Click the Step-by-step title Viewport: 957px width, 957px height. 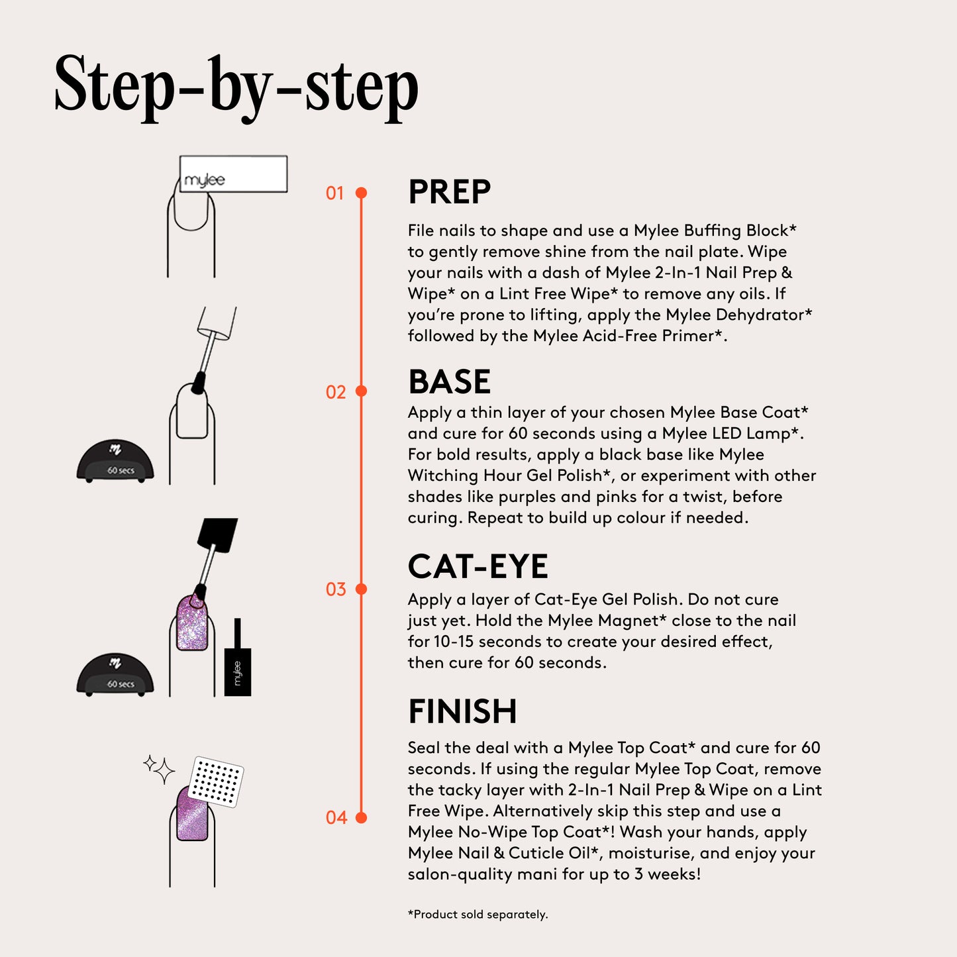(x=236, y=88)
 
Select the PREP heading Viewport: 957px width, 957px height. (x=450, y=191)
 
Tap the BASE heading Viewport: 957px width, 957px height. (x=450, y=381)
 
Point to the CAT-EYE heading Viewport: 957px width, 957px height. (x=478, y=566)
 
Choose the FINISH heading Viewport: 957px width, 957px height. (x=462, y=711)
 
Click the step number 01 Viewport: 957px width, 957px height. (x=334, y=193)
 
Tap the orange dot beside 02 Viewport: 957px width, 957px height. (x=362, y=391)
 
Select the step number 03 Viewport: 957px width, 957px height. (x=336, y=589)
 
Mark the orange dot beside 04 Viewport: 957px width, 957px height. (x=362, y=817)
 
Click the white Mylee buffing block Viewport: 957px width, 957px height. (x=233, y=174)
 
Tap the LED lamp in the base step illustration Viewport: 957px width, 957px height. (x=115, y=461)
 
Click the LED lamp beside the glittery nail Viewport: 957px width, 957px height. (x=115, y=674)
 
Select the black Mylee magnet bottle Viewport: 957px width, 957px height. (x=237, y=658)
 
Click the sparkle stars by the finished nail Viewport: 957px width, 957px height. (x=159, y=770)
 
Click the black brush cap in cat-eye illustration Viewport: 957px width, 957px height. (x=217, y=535)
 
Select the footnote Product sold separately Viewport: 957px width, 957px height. (x=478, y=915)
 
